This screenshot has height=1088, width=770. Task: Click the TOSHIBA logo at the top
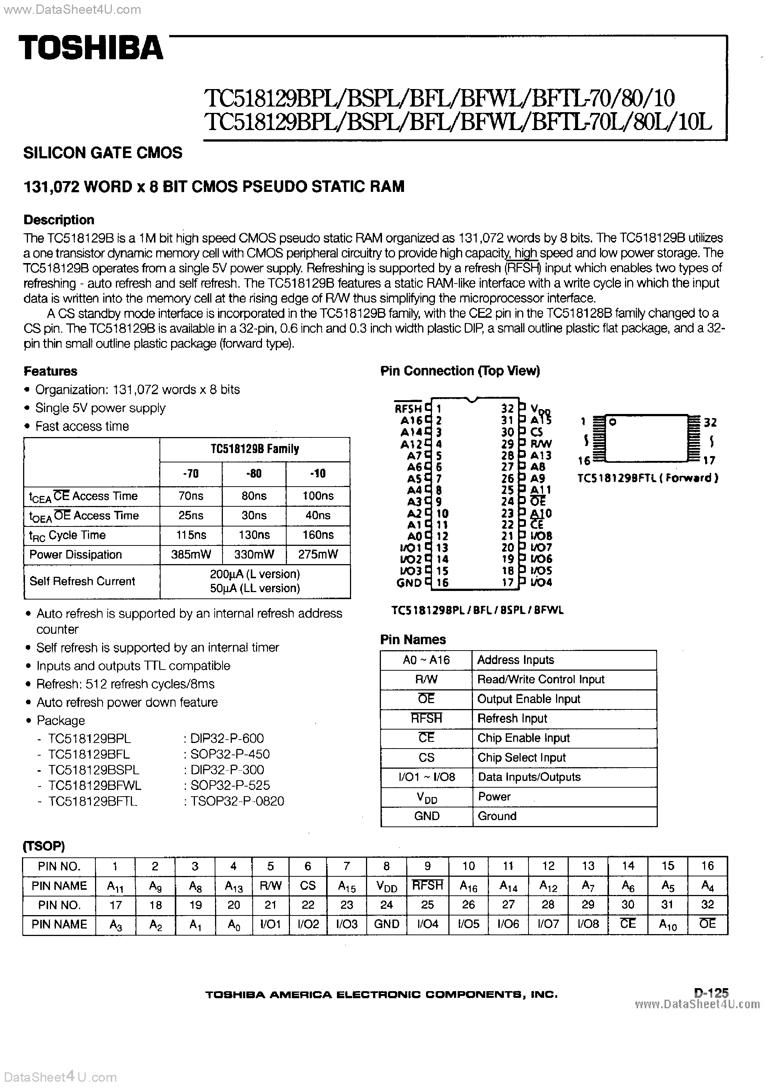(91, 48)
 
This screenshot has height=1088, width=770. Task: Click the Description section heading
(59, 220)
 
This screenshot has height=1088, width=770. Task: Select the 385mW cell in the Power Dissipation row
(190, 554)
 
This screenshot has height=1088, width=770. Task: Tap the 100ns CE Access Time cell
(318, 496)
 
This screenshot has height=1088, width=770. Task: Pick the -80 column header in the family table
(254, 474)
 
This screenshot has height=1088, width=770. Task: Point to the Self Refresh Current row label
(82, 581)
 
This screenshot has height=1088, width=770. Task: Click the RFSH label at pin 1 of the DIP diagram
(408, 408)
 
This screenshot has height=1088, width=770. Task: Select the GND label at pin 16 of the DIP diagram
(409, 583)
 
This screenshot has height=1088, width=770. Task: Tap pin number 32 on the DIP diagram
(507, 408)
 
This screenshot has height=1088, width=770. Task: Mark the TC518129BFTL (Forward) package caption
(648, 478)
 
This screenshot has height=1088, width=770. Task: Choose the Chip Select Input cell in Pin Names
(521, 758)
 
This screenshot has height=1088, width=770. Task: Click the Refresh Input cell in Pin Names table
(512, 718)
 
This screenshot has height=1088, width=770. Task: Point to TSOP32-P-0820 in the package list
(237, 801)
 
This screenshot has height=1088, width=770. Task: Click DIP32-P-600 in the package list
(227, 738)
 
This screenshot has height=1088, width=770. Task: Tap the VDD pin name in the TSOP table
(386, 886)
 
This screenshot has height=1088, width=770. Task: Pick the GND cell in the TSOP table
(386, 924)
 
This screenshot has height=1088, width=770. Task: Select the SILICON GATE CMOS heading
(102, 153)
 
